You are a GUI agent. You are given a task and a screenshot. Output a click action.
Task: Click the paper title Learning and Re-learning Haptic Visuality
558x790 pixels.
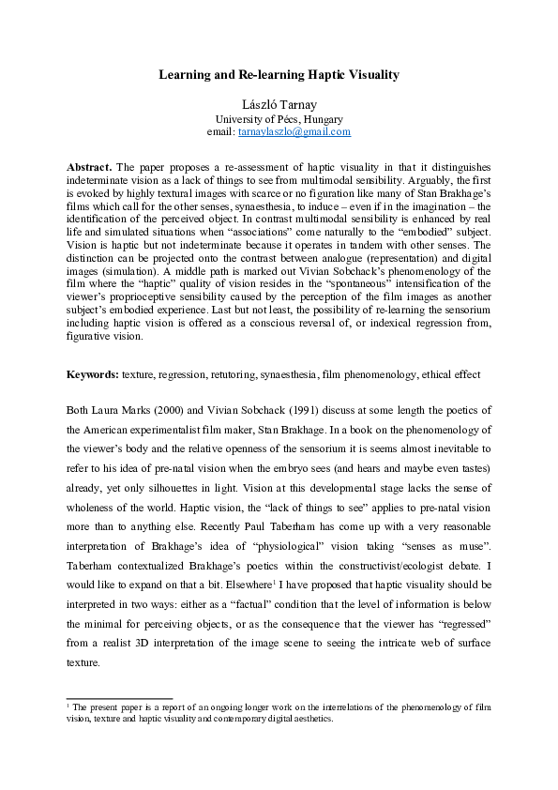pyautogui.click(x=279, y=72)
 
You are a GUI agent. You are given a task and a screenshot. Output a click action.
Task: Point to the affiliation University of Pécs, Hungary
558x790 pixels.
pyautogui.click(x=279, y=119)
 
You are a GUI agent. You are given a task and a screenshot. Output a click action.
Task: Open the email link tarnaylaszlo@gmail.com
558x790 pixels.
pyautogui.click(x=294, y=132)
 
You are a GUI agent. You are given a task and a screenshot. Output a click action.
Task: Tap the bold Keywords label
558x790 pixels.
pyautogui.click(x=92, y=374)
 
